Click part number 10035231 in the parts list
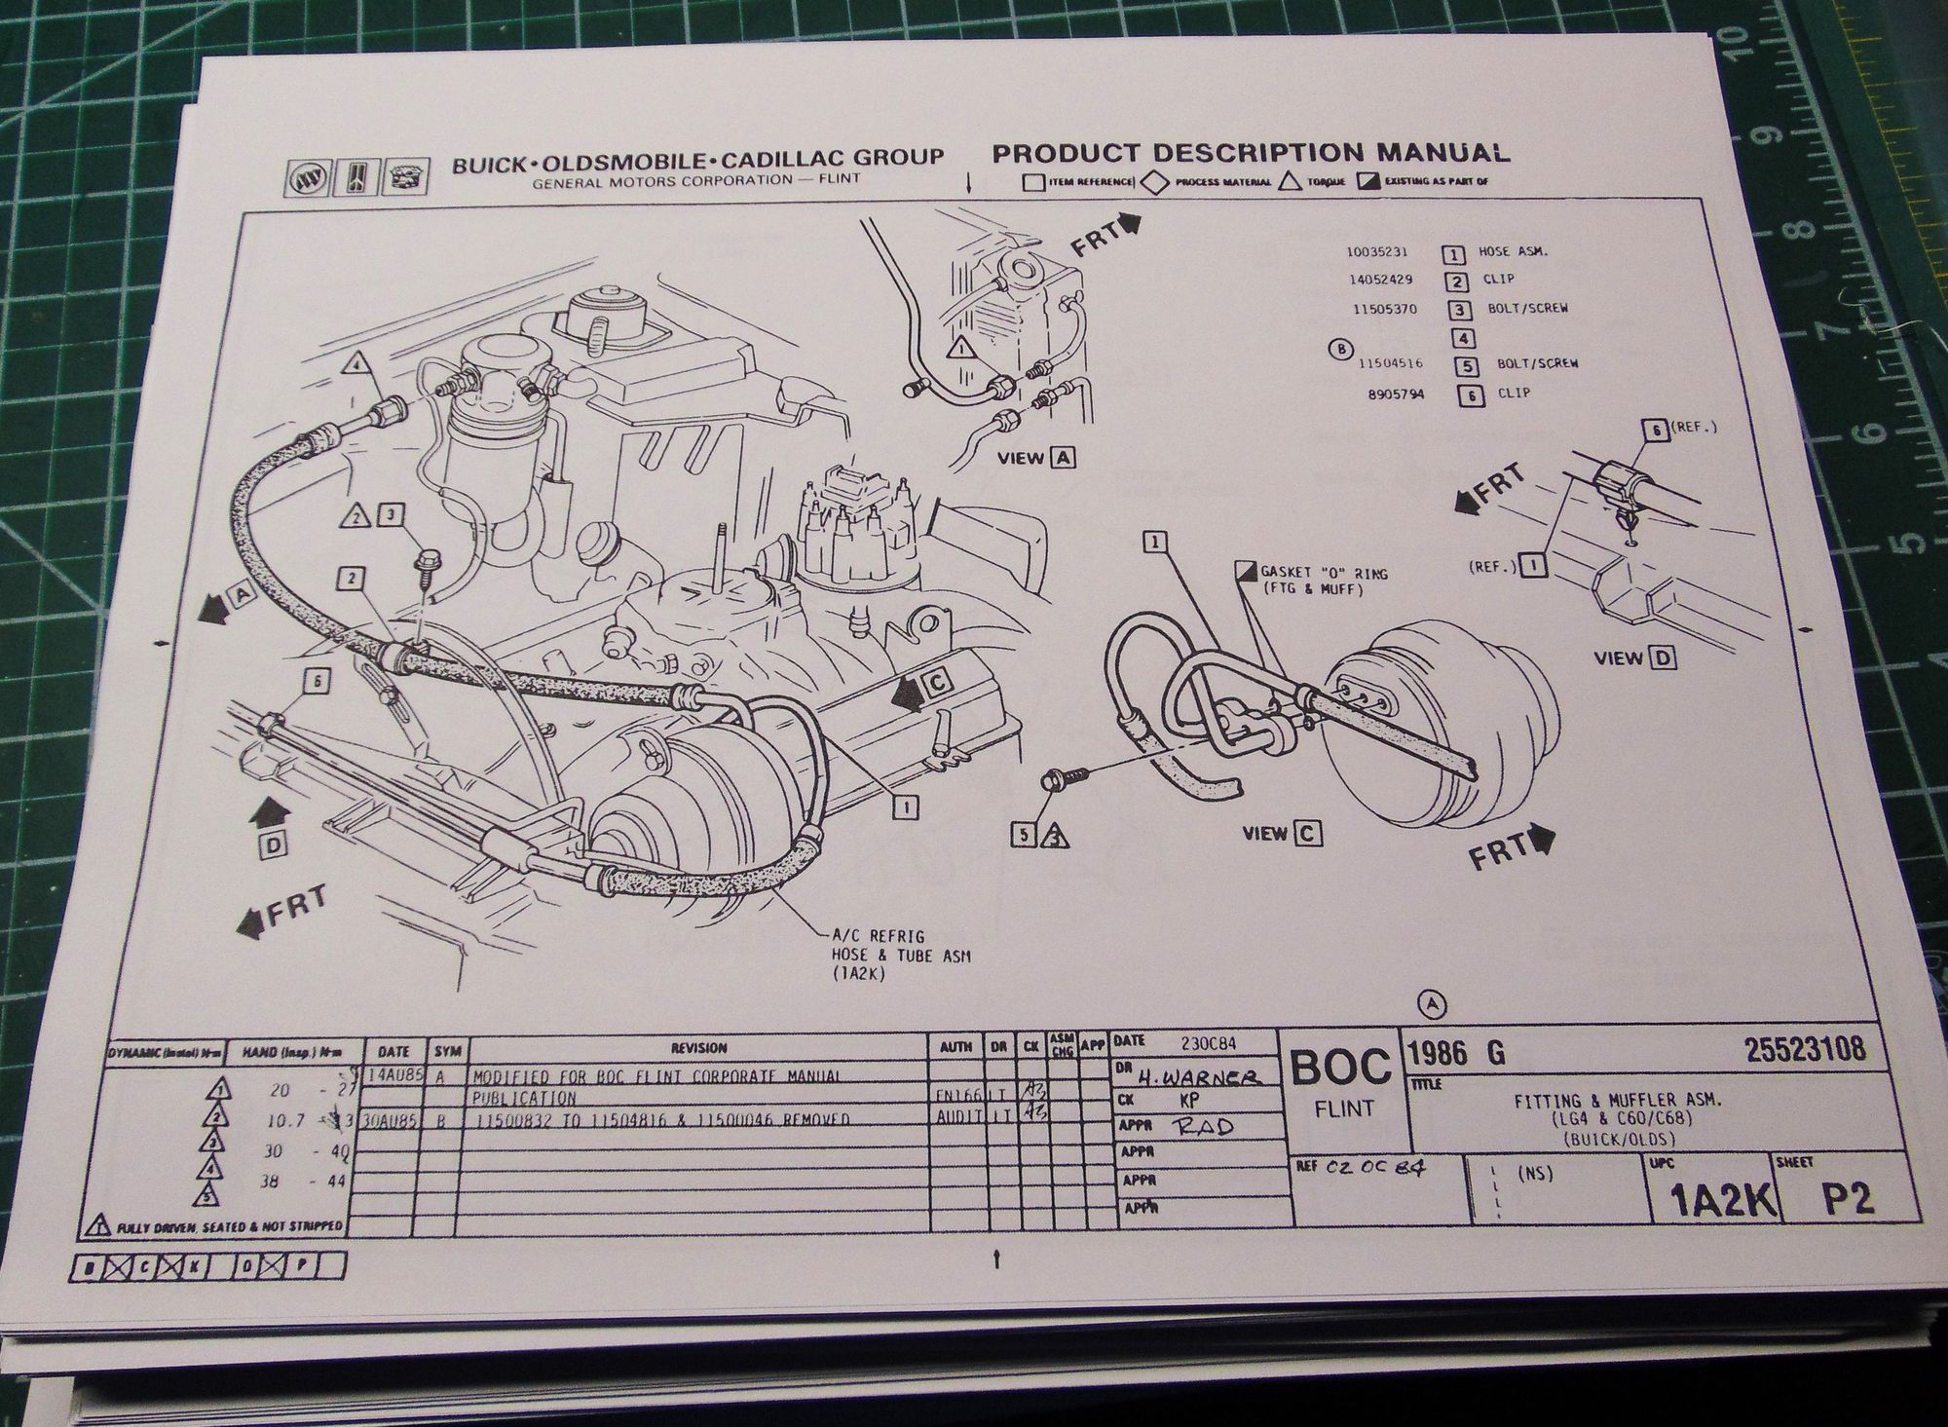tap(1376, 251)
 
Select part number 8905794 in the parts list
tap(1387, 394)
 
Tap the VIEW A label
tap(1036, 457)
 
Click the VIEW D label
tap(1634, 657)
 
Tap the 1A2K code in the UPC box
tap(1715, 1202)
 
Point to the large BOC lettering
tap(1341, 1069)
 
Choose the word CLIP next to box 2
tap(1498, 280)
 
